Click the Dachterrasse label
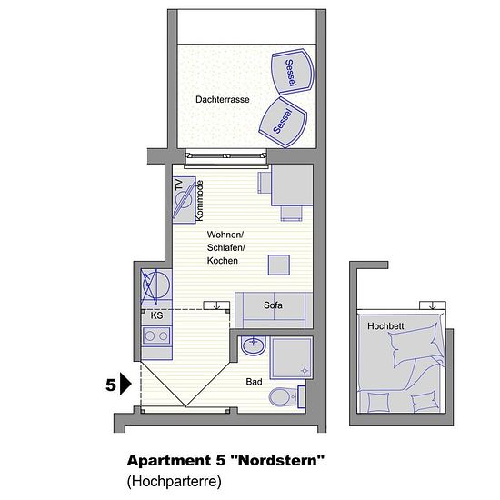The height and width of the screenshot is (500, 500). [x=222, y=99]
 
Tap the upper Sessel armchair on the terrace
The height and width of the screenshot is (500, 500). [x=293, y=72]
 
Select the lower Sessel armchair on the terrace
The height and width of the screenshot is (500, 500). [x=283, y=122]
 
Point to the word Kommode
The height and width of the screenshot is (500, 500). [x=199, y=200]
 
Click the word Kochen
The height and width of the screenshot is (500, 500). [x=222, y=261]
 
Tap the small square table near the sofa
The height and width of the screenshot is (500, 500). [x=279, y=265]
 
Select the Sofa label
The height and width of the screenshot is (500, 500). [x=273, y=305]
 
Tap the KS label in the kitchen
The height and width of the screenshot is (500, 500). [x=156, y=315]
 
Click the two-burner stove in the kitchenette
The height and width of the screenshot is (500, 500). [x=156, y=335]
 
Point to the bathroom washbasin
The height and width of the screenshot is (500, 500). [x=254, y=345]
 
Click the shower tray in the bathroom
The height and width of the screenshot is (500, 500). [x=292, y=357]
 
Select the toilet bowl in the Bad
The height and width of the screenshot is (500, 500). [x=282, y=397]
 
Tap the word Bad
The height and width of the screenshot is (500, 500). [x=254, y=382]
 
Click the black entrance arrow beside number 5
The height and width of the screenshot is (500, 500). [x=125, y=384]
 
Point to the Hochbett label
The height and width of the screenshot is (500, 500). [x=385, y=326]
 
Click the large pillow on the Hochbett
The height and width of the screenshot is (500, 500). [x=415, y=345]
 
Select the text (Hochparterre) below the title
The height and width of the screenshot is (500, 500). [x=175, y=481]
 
